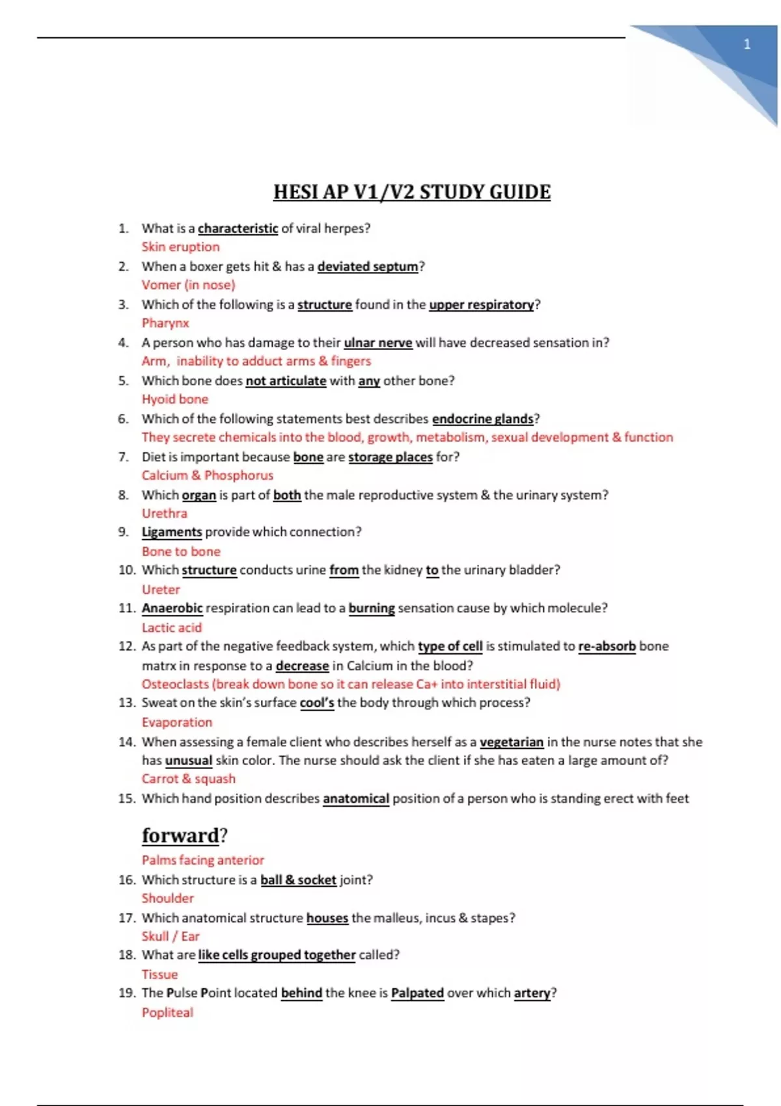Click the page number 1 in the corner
point(747,44)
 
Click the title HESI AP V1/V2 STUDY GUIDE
point(411,192)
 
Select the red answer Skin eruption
point(180,247)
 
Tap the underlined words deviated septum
point(368,266)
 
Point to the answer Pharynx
point(165,323)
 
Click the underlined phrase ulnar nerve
point(377,342)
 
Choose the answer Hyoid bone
point(175,399)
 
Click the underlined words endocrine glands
point(482,418)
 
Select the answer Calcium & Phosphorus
point(208,475)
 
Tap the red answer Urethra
point(164,513)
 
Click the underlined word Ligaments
point(172,532)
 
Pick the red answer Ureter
point(161,589)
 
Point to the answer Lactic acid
point(172,627)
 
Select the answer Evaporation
point(177,722)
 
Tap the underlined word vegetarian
point(512,742)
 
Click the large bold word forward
point(180,835)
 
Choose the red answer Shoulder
point(168,898)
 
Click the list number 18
point(126,954)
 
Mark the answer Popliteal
point(167,1012)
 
